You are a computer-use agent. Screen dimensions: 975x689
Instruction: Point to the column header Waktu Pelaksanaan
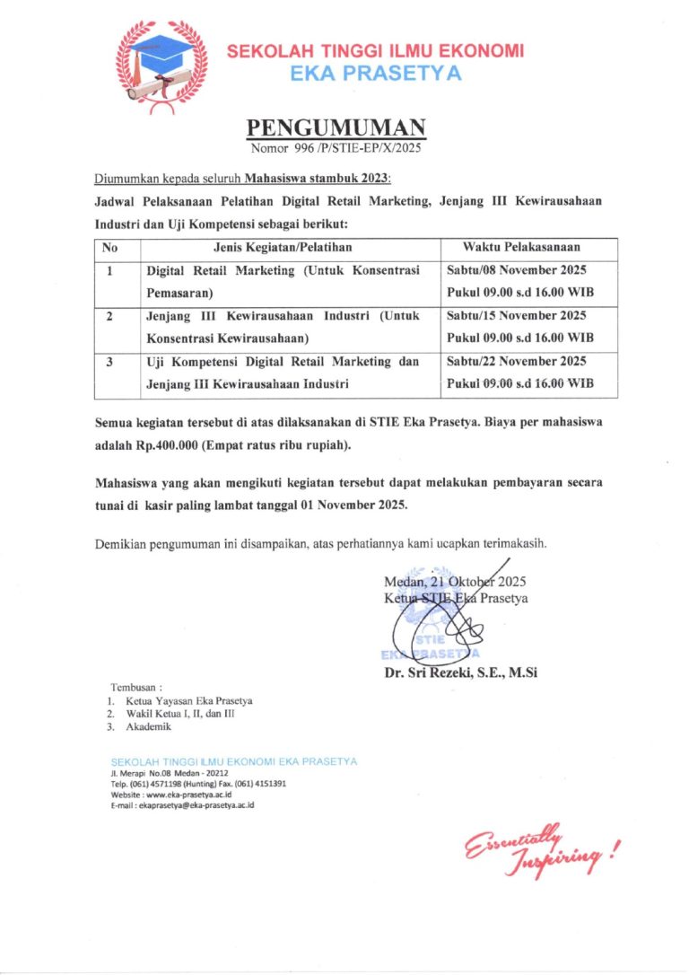(x=520, y=247)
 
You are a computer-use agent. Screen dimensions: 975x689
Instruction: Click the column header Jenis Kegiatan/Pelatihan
(x=283, y=247)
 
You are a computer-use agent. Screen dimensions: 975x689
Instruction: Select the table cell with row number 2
(x=109, y=316)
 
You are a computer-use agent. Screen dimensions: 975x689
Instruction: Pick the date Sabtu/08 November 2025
(x=516, y=270)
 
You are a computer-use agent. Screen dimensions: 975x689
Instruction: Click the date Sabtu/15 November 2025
(x=516, y=316)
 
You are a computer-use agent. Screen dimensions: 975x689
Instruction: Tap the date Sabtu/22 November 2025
(x=516, y=362)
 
